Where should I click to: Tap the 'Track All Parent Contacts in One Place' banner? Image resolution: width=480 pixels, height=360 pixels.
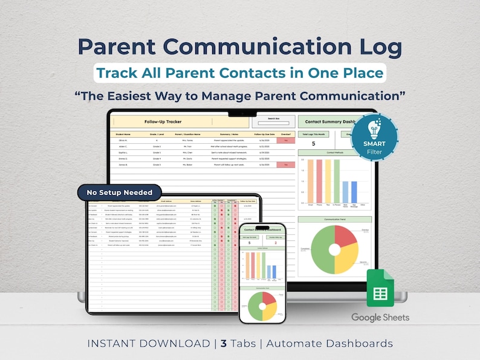coord(239,73)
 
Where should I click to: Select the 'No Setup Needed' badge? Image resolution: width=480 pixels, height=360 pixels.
coord(120,192)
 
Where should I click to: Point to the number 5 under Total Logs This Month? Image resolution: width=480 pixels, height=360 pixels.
coord(313,144)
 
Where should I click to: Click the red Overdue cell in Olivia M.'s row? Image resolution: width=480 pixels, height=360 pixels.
coord(285,140)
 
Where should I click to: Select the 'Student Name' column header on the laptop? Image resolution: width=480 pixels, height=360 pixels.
coord(123,134)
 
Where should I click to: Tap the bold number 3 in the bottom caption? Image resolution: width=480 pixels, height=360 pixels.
coord(224,344)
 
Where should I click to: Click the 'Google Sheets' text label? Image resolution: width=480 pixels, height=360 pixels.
coord(380,317)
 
